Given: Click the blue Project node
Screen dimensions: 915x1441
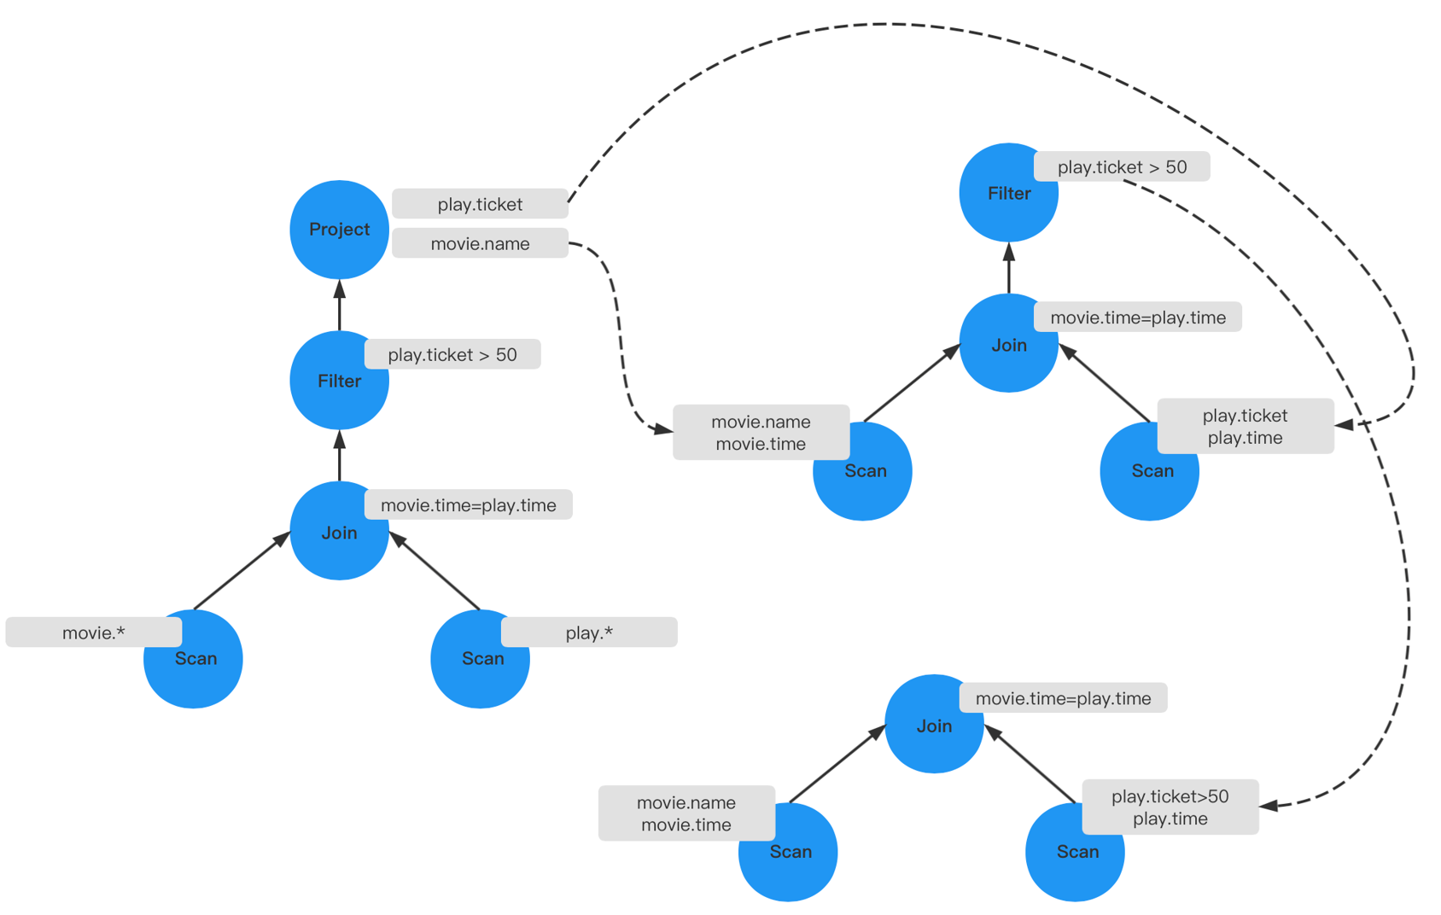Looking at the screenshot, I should [x=339, y=230].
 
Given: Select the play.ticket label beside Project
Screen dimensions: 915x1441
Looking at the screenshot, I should [x=480, y=204].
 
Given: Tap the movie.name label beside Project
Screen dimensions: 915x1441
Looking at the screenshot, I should [x=480, y=243].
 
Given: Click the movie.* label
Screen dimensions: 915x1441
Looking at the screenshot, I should [x=93, y=632].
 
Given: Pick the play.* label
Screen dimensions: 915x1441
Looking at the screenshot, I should [x=589, y=632].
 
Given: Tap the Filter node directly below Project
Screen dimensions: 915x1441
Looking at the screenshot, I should [x=339, y=382].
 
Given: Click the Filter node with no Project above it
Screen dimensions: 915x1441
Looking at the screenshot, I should [x=1007, y=194].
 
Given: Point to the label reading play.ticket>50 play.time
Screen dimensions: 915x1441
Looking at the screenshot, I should [x=1170, y=807].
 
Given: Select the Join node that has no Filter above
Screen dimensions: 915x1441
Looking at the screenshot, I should [x=934, y=725].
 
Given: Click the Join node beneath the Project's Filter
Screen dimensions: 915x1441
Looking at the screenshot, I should [x=339, y=532].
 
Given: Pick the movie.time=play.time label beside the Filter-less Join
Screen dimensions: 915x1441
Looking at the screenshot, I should [x=1063, y=698].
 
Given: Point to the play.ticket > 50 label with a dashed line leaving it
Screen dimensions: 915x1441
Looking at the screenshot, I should [x=1122, y=167].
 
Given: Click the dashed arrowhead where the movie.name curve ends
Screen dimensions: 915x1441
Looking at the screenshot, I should [x=662, y=428].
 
